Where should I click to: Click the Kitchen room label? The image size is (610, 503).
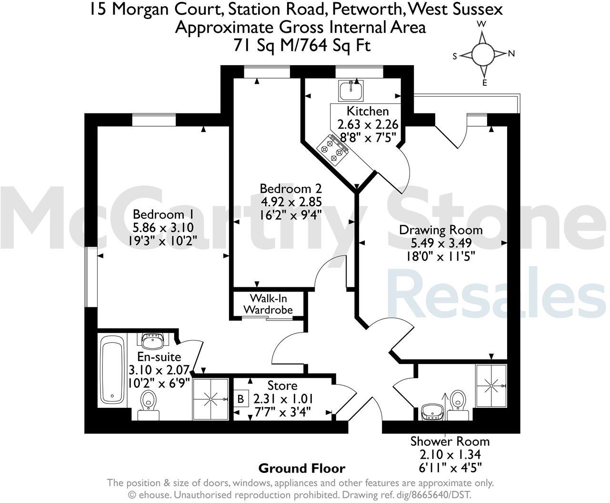pyautogui.click(x=367, y=111)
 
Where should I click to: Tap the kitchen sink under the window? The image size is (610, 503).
pyautogui.click(x=351, y=91)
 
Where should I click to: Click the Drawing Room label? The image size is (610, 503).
pyautogui.click(x=440, y=230)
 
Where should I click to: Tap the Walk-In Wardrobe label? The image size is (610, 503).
pyautogui.click(x=268, y=304)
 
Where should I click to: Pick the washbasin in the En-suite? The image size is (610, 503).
pyautogui.click(x=153, y=341)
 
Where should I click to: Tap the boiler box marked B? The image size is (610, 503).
pyautogui.click(x=241, y=398)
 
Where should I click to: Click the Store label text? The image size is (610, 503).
pyautogui.click(x=282, y=385)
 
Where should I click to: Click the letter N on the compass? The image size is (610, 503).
pyautogui.click(x=511, y=53)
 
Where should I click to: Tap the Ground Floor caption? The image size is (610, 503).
pyautogui.click(x=301, y=468)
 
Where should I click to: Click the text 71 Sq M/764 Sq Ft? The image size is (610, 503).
pyautogui.click(x=302, y=45)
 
